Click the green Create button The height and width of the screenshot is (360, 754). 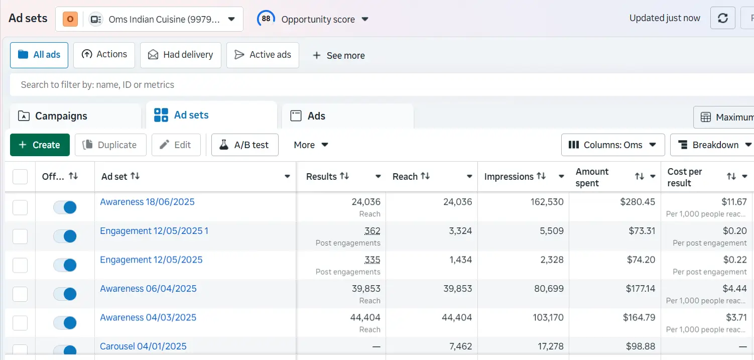click(x=40, y=145)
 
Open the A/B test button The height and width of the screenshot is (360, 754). click(x=245, y=145)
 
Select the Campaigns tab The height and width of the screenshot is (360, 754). click(x=61, y=116)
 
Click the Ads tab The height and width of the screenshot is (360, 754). click(x=316, y=116)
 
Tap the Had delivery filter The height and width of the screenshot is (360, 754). click(x=181, y=55)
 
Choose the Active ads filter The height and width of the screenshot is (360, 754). click(x=263, y=55)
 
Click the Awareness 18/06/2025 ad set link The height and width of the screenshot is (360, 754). click(x=147, y=202)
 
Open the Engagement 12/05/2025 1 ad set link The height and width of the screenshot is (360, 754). click(x=154, y=231)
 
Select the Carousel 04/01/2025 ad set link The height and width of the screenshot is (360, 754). click(x=143, y=346)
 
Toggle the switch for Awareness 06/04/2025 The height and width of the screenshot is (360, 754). click(x=65, y=294)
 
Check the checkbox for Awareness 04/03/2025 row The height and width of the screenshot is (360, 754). click(x=20, y=323)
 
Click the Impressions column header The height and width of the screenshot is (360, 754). click(x=509, y=177)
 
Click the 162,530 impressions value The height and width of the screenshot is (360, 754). click(x=547, y=202)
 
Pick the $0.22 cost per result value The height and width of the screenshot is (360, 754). click(x=735, y=260)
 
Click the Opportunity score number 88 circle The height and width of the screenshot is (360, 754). click(x=266, y=19)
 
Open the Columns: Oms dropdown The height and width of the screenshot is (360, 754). click(x=612, y=145)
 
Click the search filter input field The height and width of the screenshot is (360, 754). click(x=351, y=85)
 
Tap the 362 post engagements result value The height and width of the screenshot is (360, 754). click(x=372, y=231)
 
